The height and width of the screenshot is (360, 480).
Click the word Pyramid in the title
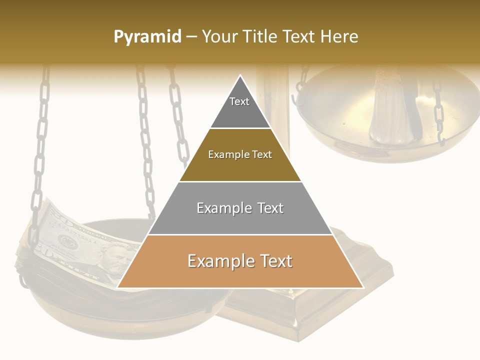[x=147, y=37]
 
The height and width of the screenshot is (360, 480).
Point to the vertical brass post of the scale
[x=272, y=100]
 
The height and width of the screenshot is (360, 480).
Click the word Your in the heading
[x=217, y=36]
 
